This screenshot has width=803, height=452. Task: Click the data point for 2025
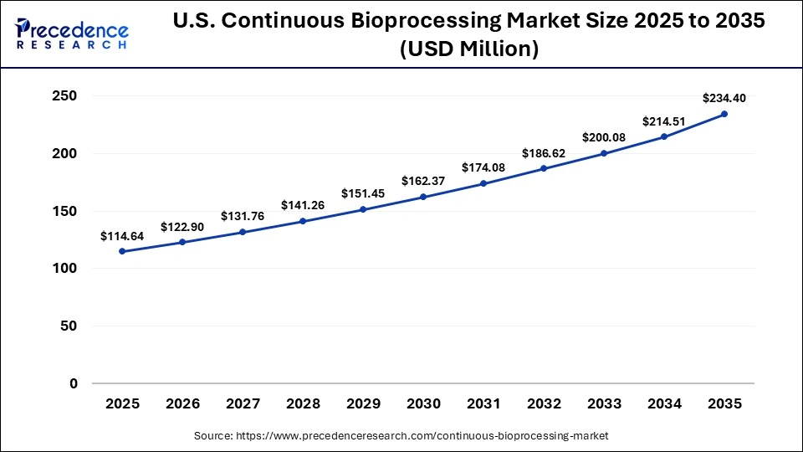click(x=122, y=251)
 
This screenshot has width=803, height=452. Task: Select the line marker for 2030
click(x=423, y=197)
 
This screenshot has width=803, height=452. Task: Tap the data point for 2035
click(x=724, y=114)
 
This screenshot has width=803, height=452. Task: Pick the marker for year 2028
click(x=303, y=221)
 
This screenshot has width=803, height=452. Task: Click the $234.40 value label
click(x=724, y=97)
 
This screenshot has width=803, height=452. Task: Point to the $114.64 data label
click(x=122, y=236)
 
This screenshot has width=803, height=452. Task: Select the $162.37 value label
click(x=423, y=181)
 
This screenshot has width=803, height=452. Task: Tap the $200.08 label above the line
click(x=604, y=137)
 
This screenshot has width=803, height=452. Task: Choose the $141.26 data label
click(x=303, y=205)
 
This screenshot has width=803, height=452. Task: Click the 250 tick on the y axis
click(x=64, y=96)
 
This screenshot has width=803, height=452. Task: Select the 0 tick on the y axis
click(x=73, y=383)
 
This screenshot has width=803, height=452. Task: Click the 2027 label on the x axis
click(x=243, y=403)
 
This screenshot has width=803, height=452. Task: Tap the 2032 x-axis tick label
click(x=544, y=403)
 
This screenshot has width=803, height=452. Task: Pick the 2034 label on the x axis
click(x=664, y=403)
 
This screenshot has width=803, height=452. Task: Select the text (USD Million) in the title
click(x=468, y=49)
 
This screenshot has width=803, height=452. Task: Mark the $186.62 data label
click(x=544, y=153)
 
